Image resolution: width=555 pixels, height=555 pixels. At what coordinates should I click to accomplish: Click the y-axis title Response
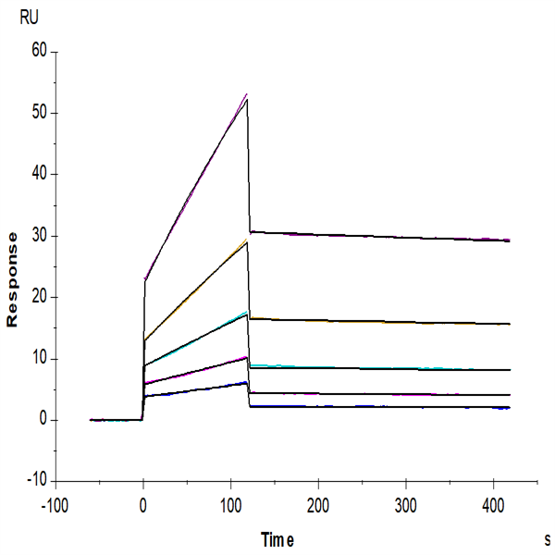tap(14, 279)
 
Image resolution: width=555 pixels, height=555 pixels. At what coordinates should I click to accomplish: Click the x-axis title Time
tap(278, 537)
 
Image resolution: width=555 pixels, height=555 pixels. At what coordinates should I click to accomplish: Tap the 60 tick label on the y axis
tap(38, 51)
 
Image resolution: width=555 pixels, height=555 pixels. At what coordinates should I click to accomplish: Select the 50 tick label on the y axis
tap(38, 113)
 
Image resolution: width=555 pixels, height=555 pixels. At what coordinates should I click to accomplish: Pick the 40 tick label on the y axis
tap(38, 174)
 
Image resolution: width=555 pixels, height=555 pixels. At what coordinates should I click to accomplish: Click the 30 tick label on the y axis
tap(38, 236)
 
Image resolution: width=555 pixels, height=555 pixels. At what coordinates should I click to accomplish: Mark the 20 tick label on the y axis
tap(38, 297)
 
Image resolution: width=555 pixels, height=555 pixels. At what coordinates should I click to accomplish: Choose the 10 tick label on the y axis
tap(38, 359)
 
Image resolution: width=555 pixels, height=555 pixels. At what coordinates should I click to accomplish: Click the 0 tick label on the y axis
tap(42, 420)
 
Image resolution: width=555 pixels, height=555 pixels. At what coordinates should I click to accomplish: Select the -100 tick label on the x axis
tap(55, 505)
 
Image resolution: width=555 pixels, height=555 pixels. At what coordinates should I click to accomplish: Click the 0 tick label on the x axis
tap(142, 505)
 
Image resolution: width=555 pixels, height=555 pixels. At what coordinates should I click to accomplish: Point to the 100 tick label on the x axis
tap(230, 505)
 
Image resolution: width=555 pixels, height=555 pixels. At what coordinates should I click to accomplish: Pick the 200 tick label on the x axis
tap(318, 505)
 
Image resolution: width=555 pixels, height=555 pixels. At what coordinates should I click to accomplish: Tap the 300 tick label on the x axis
tap(406, 505)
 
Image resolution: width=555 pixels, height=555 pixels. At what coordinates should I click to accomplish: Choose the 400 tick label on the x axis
tap(494, 505)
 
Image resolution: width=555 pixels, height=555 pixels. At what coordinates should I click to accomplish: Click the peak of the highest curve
tap(247, 96)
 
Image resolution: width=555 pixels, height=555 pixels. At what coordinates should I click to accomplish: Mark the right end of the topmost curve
tap(510, 240)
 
